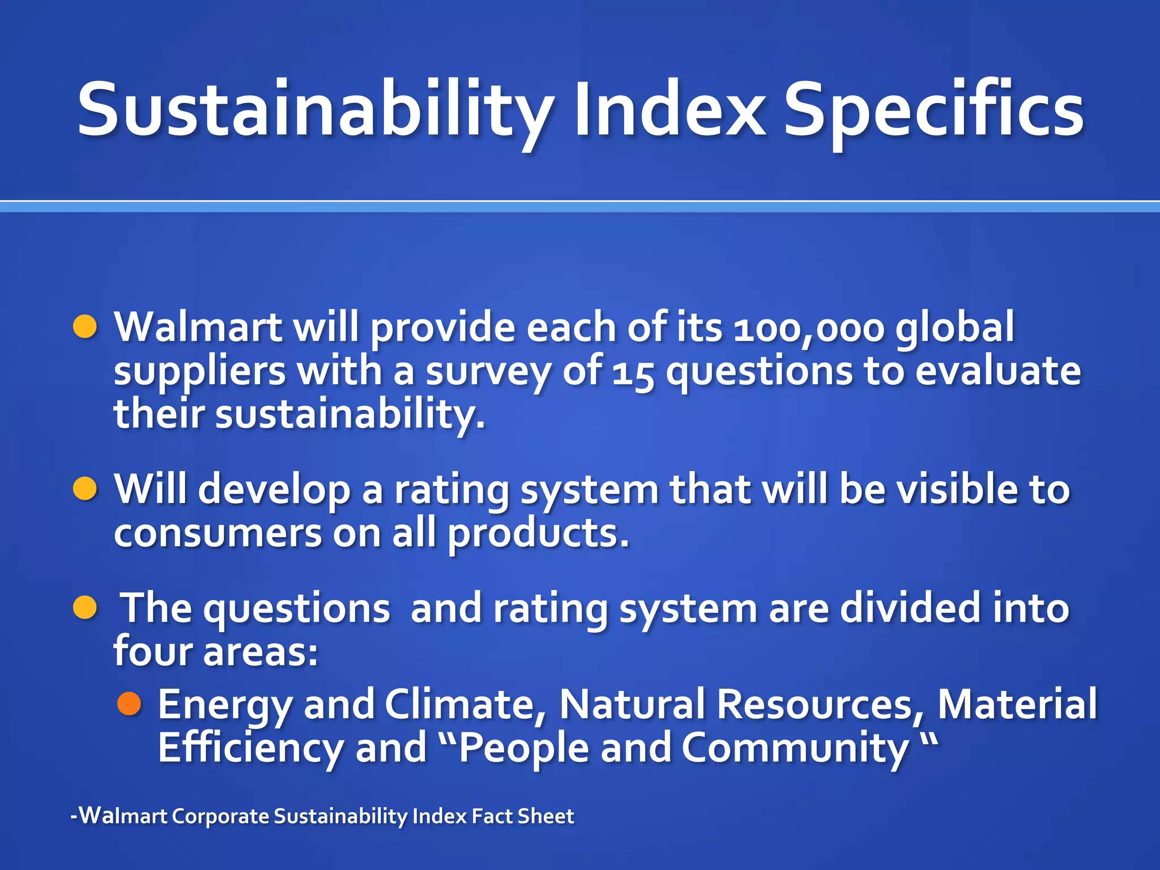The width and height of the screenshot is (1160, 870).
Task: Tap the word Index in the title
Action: pyautogui.click(x=669, y=110)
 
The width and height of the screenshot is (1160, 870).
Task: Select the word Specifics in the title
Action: pyautogui.click(x=933, y=110)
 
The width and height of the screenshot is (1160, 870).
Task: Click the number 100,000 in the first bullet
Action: pyautogui.click(x=808, y=329)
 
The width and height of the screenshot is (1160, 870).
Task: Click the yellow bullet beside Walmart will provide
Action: pyautogui.click(x=86, y=327)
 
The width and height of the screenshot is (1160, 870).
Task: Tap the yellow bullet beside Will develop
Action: pyautogui.click(x=86, y=489)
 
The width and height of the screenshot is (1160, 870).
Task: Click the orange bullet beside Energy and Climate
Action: pyautogui.click(x=129, y=703)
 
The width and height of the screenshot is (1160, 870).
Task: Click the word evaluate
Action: pyautogui.click(x=998, y=371)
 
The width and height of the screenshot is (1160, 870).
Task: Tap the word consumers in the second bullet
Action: pyautogui.click(x=217, y=534)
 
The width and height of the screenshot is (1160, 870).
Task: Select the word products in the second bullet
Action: pyautogui.click(x=538, y=535)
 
